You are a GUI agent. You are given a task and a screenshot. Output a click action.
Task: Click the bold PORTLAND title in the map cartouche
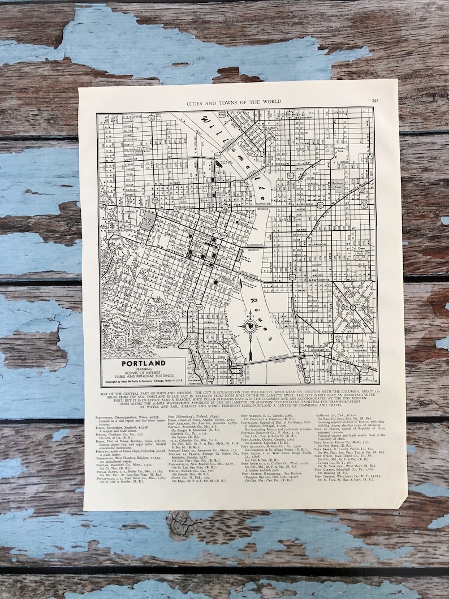(x=143, y=363)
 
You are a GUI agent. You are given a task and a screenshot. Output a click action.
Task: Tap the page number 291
(x=375, y=101)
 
